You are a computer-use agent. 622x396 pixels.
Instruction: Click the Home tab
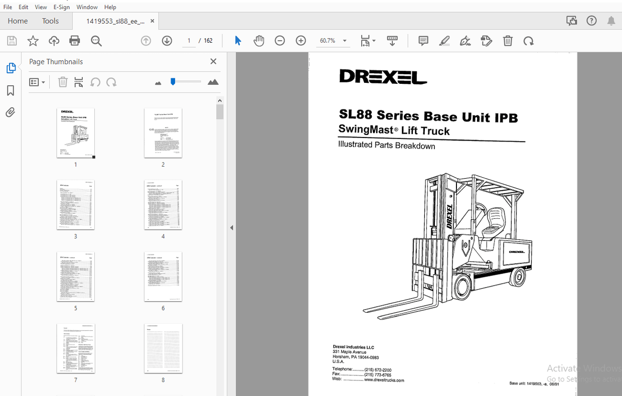[x=18, y=21]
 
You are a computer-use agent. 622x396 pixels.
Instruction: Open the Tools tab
[x=50, y=21]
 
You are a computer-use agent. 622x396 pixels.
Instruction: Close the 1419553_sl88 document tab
[x=152, y=21]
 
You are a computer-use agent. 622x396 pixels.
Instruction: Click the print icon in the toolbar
[x=75, y=41]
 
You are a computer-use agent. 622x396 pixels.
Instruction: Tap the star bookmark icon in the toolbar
[x=33, y=41]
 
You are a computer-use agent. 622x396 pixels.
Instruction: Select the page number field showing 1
[x=189, y=41]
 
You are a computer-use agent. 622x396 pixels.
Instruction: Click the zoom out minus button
[x=280, y=41]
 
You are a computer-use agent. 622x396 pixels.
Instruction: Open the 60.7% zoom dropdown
[x=344, y=41]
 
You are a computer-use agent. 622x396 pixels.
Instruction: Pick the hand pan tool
[x=259, y=41]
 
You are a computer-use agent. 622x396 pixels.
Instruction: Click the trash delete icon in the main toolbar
[x=508, y=41]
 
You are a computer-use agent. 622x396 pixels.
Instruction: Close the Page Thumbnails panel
[x=213, y=61]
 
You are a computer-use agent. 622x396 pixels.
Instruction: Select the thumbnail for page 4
[x=163, y=205]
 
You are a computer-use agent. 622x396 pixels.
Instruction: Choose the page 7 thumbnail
[x=76, y=348]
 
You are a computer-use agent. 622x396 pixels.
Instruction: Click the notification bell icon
[x=611, y=21]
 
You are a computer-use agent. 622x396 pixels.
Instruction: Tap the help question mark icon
[x=591, y=21]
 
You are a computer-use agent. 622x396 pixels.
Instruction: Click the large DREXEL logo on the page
[x=383, y=77]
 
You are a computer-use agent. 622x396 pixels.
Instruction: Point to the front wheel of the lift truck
[x=462, y=288]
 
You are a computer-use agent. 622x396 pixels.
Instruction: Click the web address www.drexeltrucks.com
[x=384, y=380]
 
